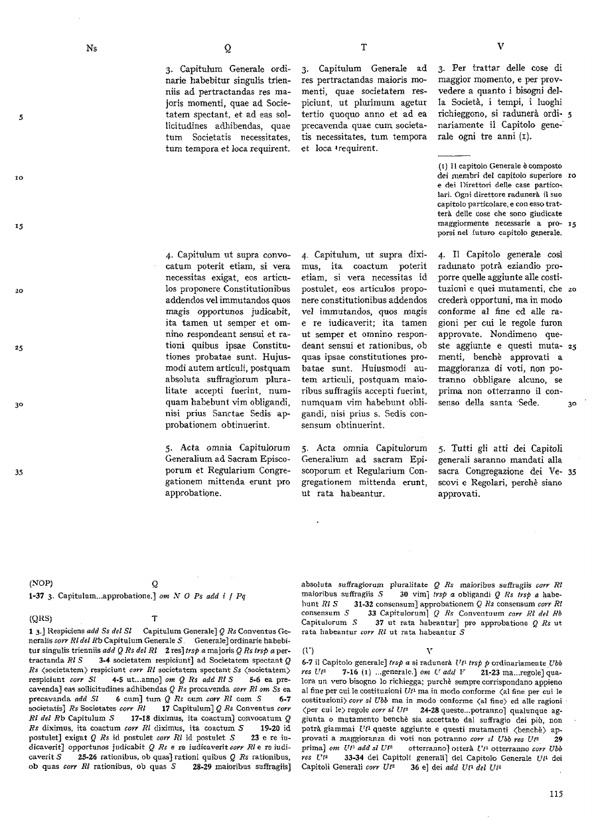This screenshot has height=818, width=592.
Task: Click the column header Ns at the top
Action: pos(91,48)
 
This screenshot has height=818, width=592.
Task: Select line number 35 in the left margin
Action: pos(21,472)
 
